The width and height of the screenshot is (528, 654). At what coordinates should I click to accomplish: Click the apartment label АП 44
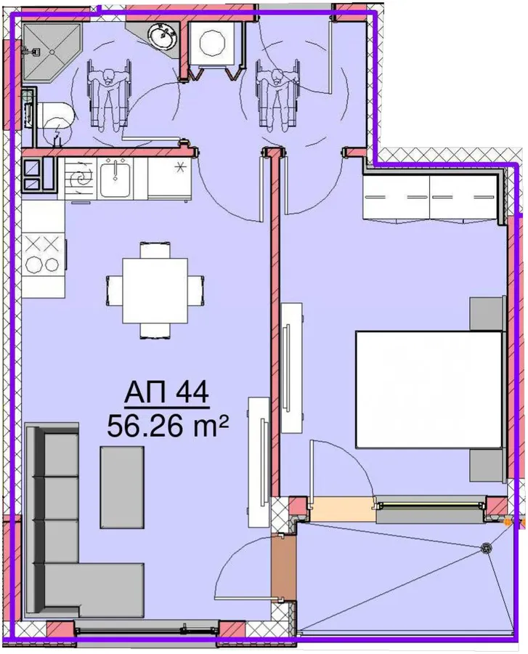click(167, 393)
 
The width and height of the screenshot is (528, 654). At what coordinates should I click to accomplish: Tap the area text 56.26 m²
click(168, 427)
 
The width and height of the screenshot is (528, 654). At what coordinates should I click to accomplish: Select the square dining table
click(155, 291)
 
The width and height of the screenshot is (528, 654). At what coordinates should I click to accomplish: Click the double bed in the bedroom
click(429, 389)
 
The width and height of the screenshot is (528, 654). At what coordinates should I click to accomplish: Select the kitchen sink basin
click(115, 178)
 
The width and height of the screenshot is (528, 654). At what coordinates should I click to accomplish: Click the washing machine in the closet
click(213, 43)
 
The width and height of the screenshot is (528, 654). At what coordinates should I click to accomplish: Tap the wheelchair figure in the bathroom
click(109, 94)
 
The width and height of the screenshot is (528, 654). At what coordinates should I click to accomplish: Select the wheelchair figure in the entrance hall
click(277, 93)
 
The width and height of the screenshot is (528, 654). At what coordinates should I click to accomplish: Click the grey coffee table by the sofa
click(122, 487)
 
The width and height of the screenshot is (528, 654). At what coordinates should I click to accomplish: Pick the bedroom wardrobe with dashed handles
click(430, 198)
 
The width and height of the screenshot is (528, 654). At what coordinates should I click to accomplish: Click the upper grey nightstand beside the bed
click(487, 313)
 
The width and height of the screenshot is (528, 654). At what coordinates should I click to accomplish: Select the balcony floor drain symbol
click(485, 549)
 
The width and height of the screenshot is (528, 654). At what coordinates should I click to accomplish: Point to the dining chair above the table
click(155, 250)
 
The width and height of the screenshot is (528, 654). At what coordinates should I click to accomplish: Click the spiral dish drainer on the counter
click(81, 179)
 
